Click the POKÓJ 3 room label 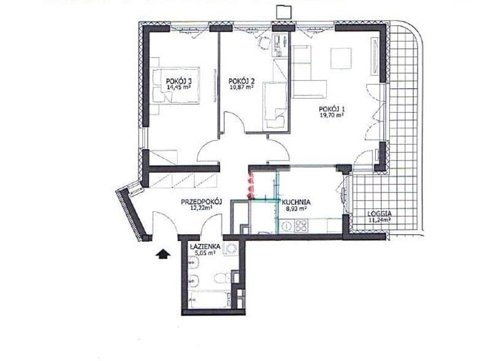[178, 82]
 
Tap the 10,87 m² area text [241, 87]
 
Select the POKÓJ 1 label [332, 109]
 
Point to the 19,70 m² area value [332, 115]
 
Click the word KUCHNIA [296, 203]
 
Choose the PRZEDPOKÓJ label [201, 202]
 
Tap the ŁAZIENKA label [205, 247]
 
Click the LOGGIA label [379, 214]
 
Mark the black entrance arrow [163, 254]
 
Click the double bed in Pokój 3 [176, 86]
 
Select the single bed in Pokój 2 [275, 105]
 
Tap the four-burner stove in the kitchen [300, 226]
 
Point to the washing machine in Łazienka [231, 248]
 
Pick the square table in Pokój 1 [341, 58]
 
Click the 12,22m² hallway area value [201, 208]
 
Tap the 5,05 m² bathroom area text [205, 253]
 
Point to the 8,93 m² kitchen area [296, 208]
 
